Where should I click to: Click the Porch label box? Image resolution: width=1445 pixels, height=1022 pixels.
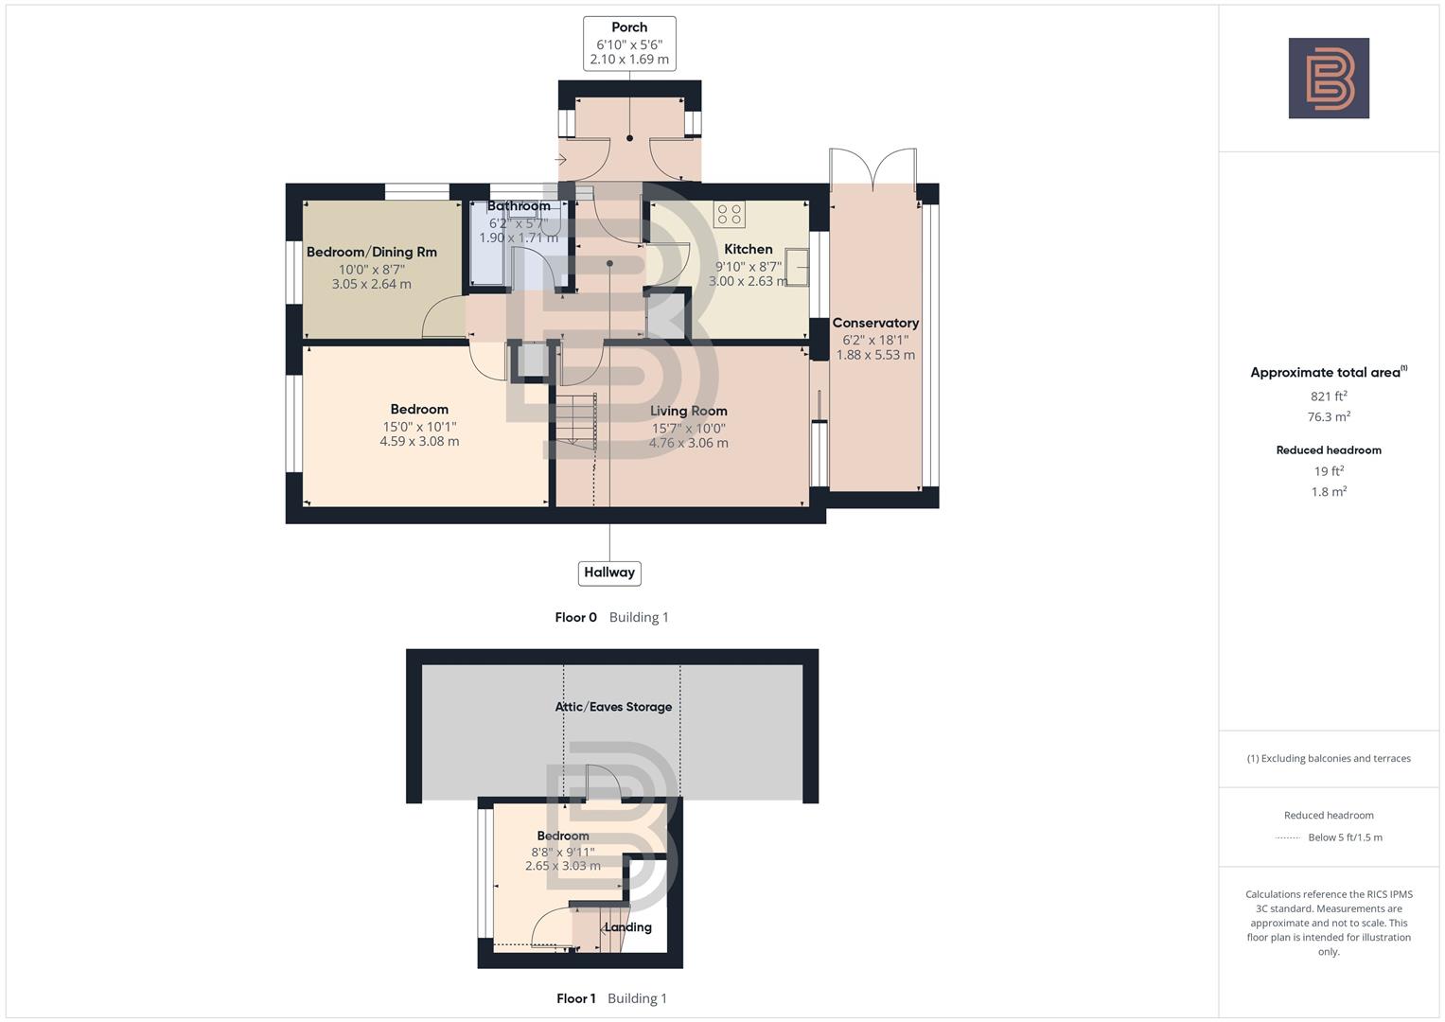[629, 43]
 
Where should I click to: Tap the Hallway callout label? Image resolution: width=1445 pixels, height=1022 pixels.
[609, 573]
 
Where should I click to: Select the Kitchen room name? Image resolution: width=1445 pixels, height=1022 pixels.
[748, 249]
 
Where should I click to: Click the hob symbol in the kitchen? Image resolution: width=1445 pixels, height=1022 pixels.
[730, 215]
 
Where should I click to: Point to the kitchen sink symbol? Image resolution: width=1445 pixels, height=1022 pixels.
[797, 267]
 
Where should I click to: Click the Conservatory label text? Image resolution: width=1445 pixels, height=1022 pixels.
[875, 323]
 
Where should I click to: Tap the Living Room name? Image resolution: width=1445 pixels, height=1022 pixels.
[688, 411]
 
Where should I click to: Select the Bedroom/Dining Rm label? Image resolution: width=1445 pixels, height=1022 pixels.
[371, 252]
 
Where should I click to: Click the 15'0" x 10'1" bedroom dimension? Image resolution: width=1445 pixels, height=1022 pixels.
[419, 426]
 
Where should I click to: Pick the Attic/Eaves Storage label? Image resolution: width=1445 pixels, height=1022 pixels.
[613, 707]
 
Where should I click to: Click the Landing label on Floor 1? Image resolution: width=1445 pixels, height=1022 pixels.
[628, 927]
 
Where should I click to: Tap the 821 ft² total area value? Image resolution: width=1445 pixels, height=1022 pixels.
[1329, 396]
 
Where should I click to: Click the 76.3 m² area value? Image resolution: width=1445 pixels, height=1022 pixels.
[1329, 416]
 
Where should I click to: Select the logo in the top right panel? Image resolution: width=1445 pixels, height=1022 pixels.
[1329, 79]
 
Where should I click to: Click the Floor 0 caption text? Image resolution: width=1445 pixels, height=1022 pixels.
[575, 617]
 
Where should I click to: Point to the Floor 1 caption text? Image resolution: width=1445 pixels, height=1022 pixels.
[575, 998]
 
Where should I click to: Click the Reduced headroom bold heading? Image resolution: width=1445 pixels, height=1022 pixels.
[1329, 450]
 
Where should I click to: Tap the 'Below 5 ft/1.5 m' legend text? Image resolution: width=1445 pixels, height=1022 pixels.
[1345, 837]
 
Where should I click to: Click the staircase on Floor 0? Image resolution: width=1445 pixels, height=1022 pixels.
[574, 420]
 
